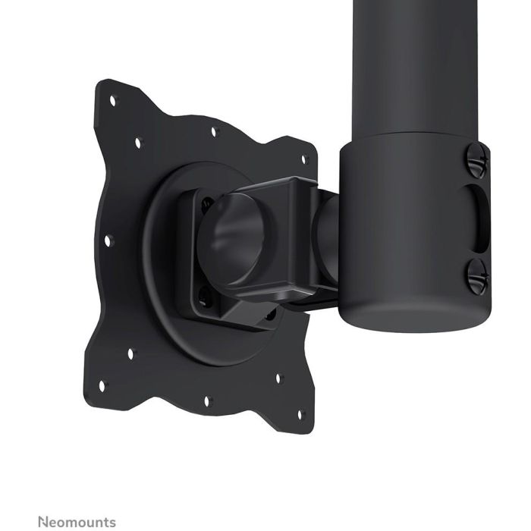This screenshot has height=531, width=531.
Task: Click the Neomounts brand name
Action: [77, 522]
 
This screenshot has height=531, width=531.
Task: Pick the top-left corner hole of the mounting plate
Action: [112, 99]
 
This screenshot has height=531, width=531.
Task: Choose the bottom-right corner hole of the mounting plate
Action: [300, 413]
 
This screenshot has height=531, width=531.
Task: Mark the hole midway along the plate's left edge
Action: [107, 241]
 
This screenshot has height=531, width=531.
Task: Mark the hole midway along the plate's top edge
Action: [213, 131]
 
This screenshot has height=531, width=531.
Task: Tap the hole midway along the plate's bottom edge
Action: [206, 400]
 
